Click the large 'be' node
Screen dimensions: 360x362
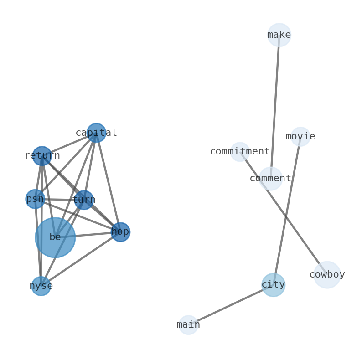(x=55, y=237)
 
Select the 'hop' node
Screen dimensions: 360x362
(x=120, y=232)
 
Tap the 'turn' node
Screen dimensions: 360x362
(x=84, y=200)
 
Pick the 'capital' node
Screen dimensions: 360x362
(x=96, y=133)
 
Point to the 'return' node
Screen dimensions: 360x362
(x=42, y=156)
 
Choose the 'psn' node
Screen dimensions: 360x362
(x=35, y=199)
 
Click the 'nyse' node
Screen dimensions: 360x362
(x=41, y=286)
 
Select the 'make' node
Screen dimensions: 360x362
(x=279, y=35)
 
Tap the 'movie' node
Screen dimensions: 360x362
(x=300, y=137)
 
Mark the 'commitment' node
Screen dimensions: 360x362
(x=240, y=152)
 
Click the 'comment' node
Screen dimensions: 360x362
(x=271, y=179)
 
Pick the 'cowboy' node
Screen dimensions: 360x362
(x=327, y=275)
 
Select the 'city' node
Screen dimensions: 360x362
(x=274, y=285)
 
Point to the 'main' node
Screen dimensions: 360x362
(x=188, y=325)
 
